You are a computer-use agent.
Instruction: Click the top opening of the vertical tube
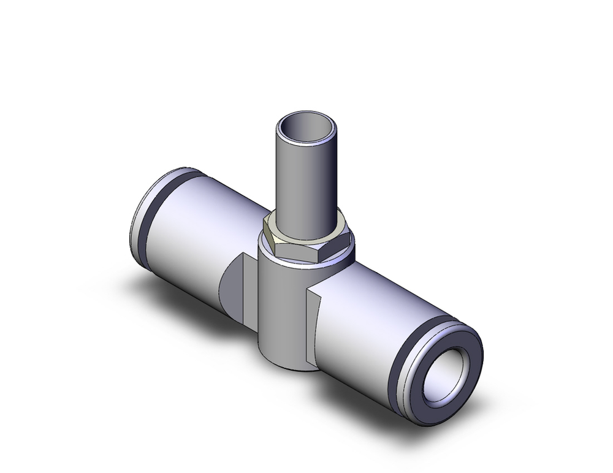tap(307, 129)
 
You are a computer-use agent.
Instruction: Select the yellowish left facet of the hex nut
tap(269, 235)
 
